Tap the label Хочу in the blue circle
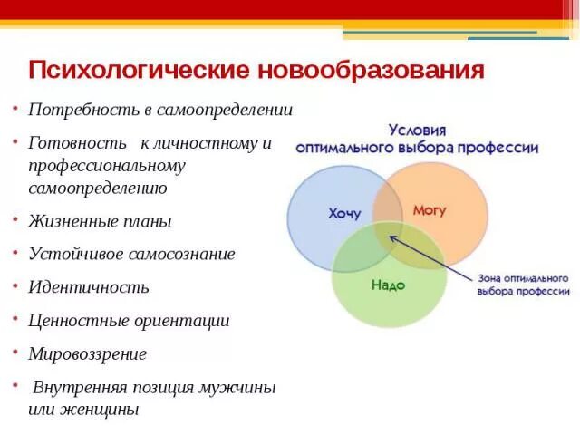tap(344, 214)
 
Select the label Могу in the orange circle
tap(430, 209)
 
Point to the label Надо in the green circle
tap(388, 285)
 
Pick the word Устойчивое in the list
tap(75, 254)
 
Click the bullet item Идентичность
tap(89, 287)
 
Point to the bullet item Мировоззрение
tap(87, 353)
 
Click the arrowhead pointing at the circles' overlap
tap(393, 237)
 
